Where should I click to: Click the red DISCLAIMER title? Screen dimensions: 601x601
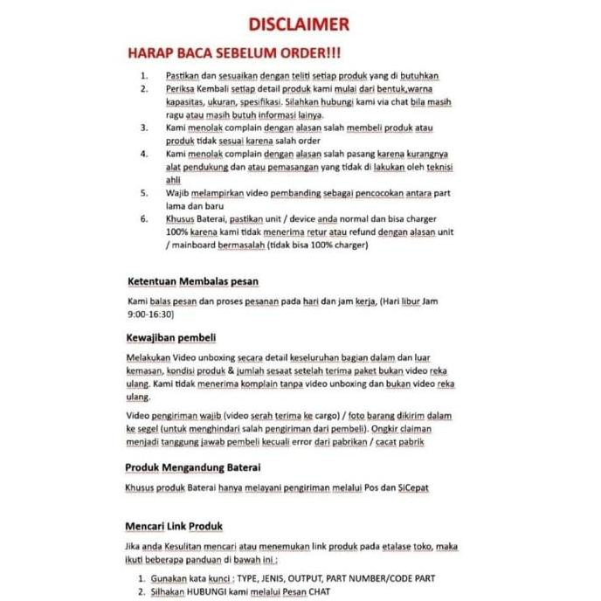click(300, 23)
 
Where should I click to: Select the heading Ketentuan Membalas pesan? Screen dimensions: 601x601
click(193, 281)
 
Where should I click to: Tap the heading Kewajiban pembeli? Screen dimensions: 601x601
click(171, 337)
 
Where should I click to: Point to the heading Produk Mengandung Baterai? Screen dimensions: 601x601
click(193, 467)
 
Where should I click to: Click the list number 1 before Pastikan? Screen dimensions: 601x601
click(144, 76)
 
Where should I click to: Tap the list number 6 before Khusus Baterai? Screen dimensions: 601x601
click(144, 219)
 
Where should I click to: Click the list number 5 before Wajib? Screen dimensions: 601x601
click(144, 192)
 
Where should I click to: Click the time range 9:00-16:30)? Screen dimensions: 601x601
click(151, 314)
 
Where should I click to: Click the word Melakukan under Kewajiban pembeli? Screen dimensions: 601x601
click(149, 358)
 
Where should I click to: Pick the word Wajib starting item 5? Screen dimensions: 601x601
click(177, 192)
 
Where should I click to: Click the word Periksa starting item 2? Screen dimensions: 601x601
click(179, 89)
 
